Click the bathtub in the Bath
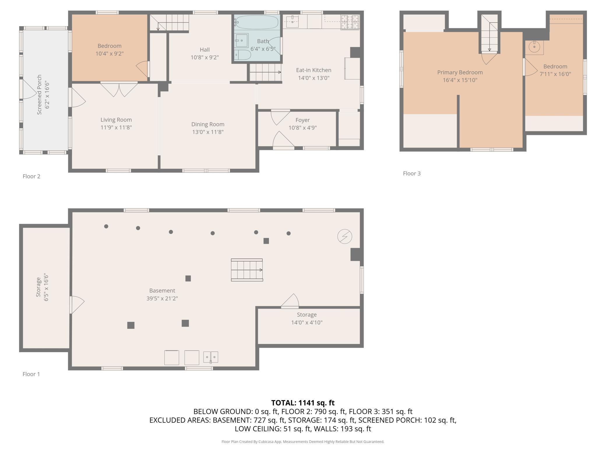pos(256,22)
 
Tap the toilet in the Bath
pos(243,55)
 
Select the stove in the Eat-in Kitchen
pos(350,22)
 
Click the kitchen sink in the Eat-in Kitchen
pos(292,22)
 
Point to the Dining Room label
pos(208,124)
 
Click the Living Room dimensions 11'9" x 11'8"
pos(116,127)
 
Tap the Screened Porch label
pos(39,95)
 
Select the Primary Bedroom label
pos(460,72)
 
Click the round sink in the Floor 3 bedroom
pos(534,47)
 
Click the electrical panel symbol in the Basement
pos(345,236)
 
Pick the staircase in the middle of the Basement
pos(247,270)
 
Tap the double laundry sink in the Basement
pos(210,357)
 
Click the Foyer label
pos(302,120)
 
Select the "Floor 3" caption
pos(412,173)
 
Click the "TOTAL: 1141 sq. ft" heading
pos(303,403)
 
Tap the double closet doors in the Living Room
pos(119,89)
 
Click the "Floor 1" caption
pos(31,374)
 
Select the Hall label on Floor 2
pos(205,50)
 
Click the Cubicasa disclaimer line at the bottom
pos(303,441)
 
